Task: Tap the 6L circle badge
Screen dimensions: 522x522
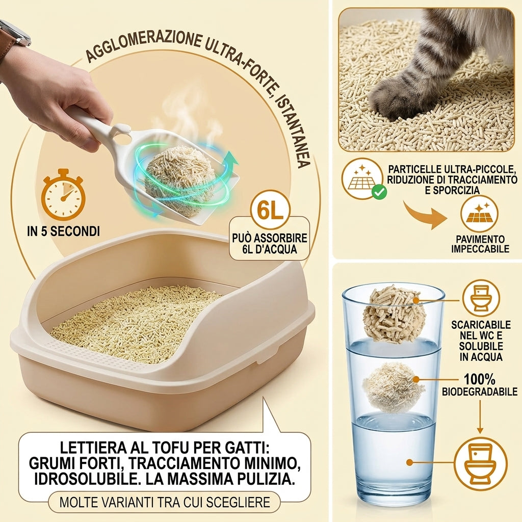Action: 270,210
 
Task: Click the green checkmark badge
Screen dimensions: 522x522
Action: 379,192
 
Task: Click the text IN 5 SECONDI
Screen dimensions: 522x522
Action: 63,231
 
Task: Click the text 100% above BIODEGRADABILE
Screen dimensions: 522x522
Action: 479,379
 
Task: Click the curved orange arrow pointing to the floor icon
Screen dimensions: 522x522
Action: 425,215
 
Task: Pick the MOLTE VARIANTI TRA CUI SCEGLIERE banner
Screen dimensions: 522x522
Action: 165,502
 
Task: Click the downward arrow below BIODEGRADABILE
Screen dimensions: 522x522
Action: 480,416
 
